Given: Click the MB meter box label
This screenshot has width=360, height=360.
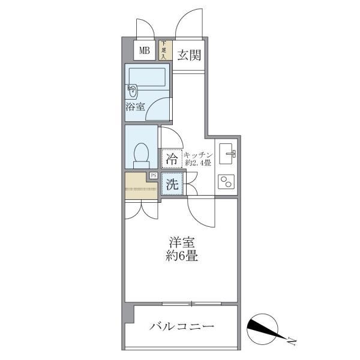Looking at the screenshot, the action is tap(145, 50).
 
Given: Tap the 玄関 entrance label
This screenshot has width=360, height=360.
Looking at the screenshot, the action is tap(189, 55).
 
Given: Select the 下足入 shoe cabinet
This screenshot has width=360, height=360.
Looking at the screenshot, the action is tap(166, 50).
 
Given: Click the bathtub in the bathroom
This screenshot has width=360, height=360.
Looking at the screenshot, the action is tap(147, 77).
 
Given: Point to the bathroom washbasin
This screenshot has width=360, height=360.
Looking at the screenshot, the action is tap(131, 92).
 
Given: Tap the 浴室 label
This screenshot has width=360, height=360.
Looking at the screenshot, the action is tap(135, 107).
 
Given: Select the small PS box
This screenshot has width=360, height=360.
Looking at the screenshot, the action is tap(154, 176).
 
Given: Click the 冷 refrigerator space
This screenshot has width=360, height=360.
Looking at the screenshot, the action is tap(172, 158).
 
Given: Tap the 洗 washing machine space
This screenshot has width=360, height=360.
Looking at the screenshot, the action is tap(172, 184).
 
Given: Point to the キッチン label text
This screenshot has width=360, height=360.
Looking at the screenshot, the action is tap(199, 155).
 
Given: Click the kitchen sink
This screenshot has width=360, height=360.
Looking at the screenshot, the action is tap(227, 154).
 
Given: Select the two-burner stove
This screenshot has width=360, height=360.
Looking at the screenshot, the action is tap(226, 182).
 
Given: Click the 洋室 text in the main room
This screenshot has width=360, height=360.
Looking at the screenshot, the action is tap(182, 242).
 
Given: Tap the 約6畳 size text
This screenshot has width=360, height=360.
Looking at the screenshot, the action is tap(182, 256).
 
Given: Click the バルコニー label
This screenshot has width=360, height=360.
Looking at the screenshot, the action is tap(182, 326).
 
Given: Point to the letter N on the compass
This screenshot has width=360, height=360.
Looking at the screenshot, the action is tap(292, 342).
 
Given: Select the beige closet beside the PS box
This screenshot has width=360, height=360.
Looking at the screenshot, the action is tap(141, 185).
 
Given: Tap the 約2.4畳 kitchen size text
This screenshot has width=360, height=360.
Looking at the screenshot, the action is tap(198, 163).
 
